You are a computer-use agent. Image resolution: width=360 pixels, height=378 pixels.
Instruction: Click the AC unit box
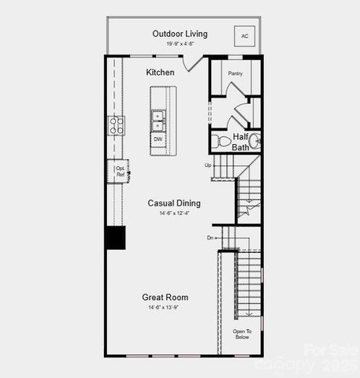click(244, 36)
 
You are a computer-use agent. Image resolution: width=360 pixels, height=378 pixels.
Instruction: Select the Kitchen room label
click(161, 72)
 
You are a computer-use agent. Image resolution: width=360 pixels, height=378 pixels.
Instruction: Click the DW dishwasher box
click(158, 139)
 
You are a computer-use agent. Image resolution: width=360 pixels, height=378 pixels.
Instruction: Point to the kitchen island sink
click(158, 120)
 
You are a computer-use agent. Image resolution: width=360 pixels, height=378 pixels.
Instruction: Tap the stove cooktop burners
click(116, 124)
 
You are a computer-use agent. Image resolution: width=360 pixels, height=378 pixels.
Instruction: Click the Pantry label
click(235, 73)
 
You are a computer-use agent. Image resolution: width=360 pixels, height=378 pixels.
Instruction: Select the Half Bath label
click(241, 142)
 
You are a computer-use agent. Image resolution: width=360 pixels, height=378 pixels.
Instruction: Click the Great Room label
click(165, 297)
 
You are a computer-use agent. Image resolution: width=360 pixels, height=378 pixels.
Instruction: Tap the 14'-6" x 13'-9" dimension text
click(165, 307)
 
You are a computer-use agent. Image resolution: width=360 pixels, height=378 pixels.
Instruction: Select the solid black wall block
click(116, 238)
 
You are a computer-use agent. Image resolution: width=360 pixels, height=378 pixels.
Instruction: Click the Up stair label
click(208, 165)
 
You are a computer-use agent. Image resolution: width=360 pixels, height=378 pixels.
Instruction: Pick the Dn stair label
click(210, 237)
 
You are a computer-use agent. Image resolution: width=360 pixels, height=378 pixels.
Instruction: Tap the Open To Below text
click(242, 335)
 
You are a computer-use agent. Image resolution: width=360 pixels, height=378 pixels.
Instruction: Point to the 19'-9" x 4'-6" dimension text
click(183, 44)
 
